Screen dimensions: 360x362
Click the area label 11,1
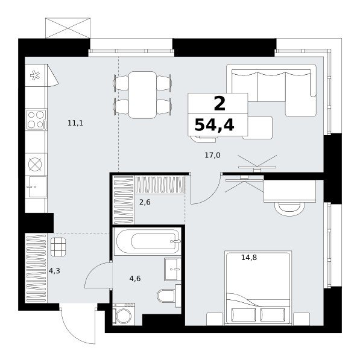(75, 123)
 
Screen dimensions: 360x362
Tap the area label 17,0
(212, 155)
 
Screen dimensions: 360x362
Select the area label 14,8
(249, 257)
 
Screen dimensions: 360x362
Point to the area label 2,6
(145, 202)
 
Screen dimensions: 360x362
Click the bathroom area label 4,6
(135, 279)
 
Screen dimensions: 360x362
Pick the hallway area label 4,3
(54, 270)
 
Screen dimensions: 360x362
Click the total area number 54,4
(215, 125)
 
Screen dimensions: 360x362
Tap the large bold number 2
(219, 104)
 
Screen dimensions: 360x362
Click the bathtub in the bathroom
(147, 241)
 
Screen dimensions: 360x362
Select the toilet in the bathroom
(168, 296)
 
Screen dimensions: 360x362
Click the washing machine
(124, 314)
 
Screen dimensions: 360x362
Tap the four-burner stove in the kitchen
(36, 119)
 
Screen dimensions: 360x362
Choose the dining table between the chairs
(142, 95)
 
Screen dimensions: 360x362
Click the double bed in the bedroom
(258, 288)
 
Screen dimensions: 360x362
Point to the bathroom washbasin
(172, 270)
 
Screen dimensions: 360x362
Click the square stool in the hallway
(58, 247)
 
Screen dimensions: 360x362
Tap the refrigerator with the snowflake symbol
(36, 75)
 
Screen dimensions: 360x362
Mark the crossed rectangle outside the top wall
(68, 28)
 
